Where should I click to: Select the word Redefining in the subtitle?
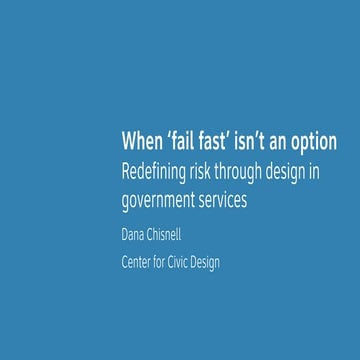click(x=152, y=171)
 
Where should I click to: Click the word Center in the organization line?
click(x=137, y=263)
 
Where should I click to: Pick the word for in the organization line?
click(x=166, y=263)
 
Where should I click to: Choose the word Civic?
click(x=187, y=263)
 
